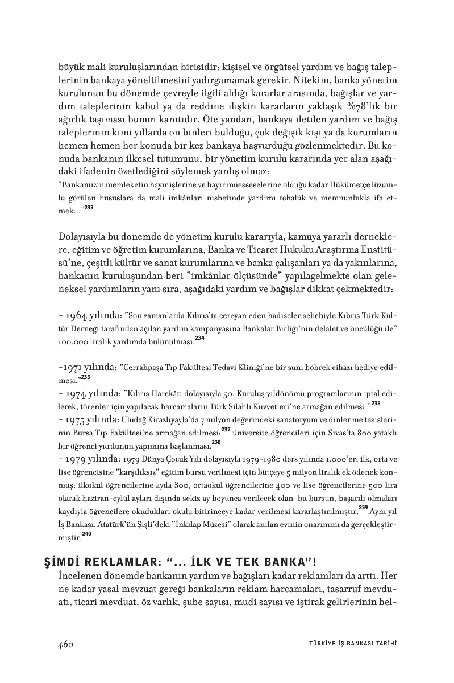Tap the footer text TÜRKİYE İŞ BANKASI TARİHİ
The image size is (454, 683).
coord(348,644)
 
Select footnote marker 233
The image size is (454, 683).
coord(88,208)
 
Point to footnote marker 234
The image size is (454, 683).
coord(199,338)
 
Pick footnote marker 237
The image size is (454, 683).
coord(226,429)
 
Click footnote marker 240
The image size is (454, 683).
coord(86,533)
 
